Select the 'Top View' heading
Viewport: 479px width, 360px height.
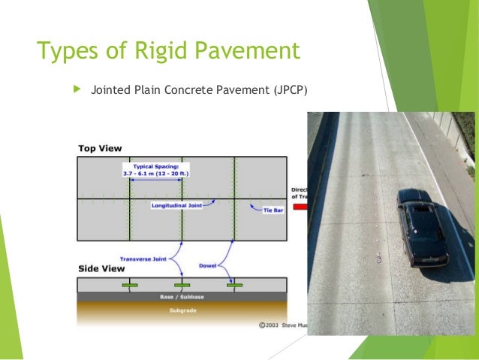pyautogui.click(x=100, y=148)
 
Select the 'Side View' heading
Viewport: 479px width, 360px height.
pyautogui.click(x=101, y=268)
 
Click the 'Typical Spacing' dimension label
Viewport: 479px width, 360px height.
pyautogui.click(x=155, y=170)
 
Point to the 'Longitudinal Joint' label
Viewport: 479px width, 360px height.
pyautogui.click(x=176, y=204)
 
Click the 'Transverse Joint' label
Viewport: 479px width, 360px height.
pyautogui.click(x=145, y=259)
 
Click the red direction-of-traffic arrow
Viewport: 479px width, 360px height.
pyautogui.click(x=300, y=206)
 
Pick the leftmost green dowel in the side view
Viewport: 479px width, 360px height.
pyautogui.click(x=129, y=286)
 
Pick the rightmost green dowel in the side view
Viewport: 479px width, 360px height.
pyautogui.click(x=234, y=286)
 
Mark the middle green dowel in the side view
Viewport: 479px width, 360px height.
pyautogui.click(x=182, y=286)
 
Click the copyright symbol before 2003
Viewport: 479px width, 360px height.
pyautogui.click(x=261, y=327)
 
